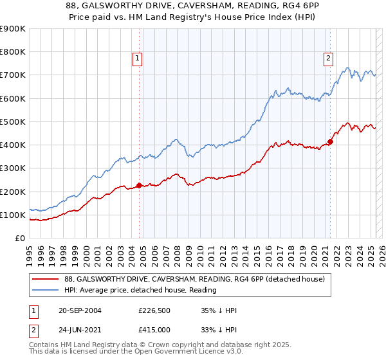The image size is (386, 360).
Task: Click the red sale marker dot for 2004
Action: click(139, 186)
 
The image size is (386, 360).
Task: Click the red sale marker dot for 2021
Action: click(330, 141)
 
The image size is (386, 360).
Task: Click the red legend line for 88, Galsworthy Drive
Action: click(45, 279)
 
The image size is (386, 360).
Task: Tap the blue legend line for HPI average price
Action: click(45, 290)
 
